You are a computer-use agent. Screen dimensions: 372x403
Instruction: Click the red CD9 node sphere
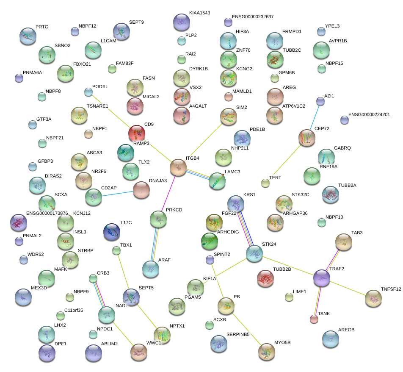pyautogui.click(x=137, y=133)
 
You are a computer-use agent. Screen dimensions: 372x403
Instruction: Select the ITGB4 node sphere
pyautogui.click(x=178, y=168)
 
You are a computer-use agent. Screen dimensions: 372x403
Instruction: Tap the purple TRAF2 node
pyautogui.click(x=322, y=278)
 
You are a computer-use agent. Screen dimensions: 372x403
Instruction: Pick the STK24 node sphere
pyautogui.click(x=254, y=253)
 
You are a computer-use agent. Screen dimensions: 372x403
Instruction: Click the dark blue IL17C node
pyautogui.click(x=111, y=232)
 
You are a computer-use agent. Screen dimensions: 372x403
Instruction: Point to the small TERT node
pyautogui.click(x=265, y=183)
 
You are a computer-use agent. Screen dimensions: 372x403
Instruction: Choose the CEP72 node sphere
pyautogui.click(x=306, y=138)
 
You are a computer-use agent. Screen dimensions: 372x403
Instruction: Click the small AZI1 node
pyautogui.click(x=320, y=101)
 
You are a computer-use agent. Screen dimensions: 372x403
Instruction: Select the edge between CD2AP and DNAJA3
pyautogui.click(x=118, y=193)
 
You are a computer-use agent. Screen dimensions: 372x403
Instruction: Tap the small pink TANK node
pyautogui.click(x=314, y=319)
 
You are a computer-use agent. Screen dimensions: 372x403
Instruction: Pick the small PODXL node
pyautogui.click(x=88, y=92)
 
